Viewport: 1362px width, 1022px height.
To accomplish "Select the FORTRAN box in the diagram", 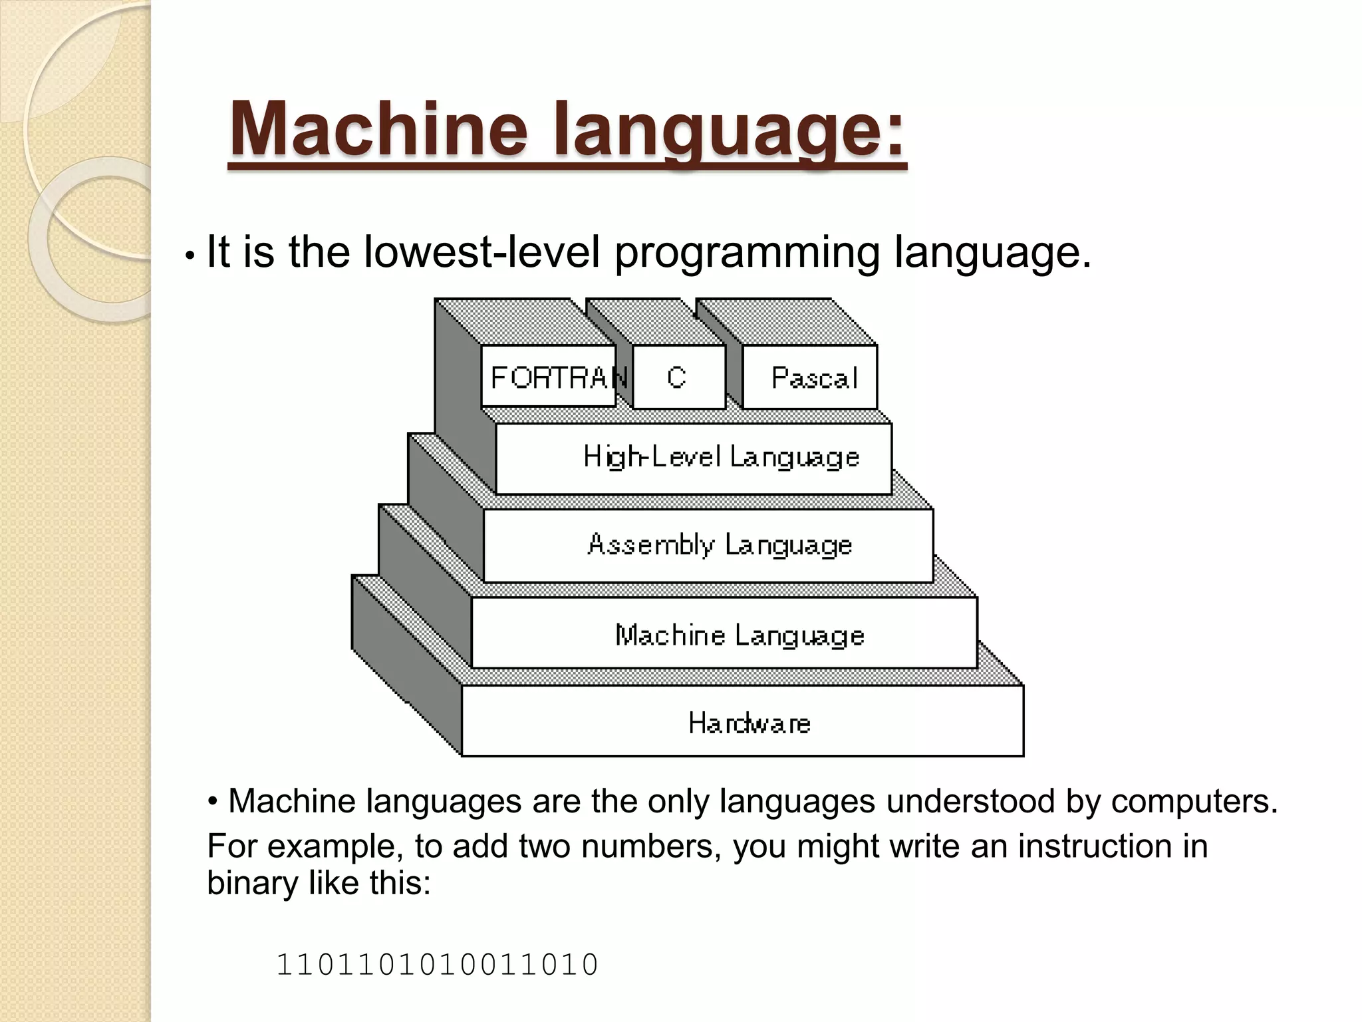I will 549,377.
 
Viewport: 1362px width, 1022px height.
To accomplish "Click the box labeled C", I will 678,377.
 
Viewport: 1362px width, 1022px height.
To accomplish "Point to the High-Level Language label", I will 721,457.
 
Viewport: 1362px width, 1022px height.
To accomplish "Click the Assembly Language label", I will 720,545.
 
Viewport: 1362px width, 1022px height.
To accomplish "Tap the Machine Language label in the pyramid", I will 740,635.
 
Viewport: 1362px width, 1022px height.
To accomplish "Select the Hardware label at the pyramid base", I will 749,723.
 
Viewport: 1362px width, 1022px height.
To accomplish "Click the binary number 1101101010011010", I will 437,965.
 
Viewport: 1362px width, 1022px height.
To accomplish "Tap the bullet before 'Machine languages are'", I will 213,800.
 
